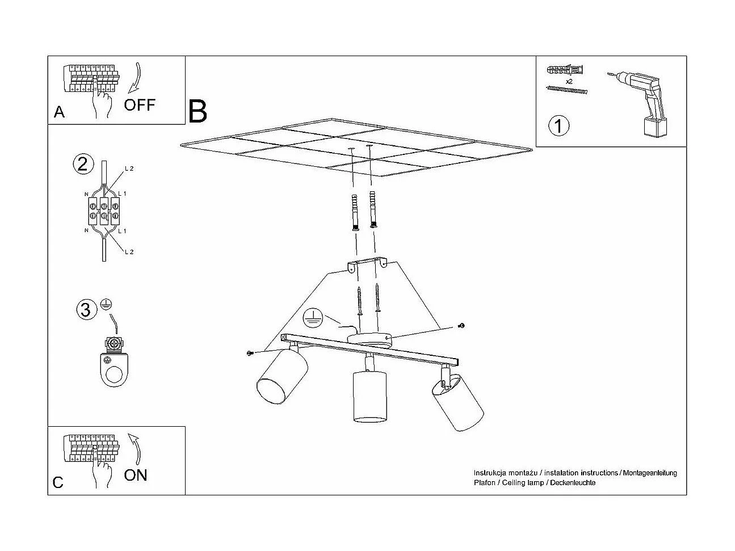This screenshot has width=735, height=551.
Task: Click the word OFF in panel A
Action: click(x=140, y=105)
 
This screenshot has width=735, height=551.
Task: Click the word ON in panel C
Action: click(x=135, y=475)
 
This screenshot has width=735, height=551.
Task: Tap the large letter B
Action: click(x=198, y=111)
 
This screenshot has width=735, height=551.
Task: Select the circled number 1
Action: click(x=558, y=125)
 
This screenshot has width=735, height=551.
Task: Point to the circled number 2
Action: click(x=83, y=164)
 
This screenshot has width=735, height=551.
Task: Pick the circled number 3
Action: click(x=86, y=310)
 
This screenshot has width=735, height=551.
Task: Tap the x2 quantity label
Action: click(x=569, y=81)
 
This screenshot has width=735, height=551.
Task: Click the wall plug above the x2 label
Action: click(x=565, y=70)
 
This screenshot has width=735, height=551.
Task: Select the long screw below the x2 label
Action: click(x=566, y=90)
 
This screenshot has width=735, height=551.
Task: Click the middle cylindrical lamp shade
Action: click(x=369, y=396)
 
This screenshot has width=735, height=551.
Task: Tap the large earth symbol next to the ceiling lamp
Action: click(x=312, y=317)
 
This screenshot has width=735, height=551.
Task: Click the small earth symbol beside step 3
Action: click(x=106, y=304)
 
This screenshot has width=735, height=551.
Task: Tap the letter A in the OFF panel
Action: click(x=59, y=112)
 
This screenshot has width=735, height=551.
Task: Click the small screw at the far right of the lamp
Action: click(x=462, y=325)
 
